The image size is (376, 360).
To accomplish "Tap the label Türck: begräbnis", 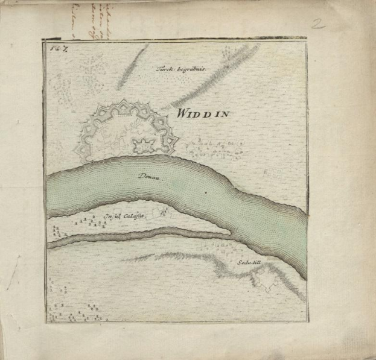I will click(182, 70).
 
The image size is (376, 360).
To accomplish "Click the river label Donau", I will click(147, 176).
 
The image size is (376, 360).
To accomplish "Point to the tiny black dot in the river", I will click(205, 193).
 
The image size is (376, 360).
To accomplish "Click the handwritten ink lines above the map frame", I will click(94, 18).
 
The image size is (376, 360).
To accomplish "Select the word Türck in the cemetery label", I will click(165, 69).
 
